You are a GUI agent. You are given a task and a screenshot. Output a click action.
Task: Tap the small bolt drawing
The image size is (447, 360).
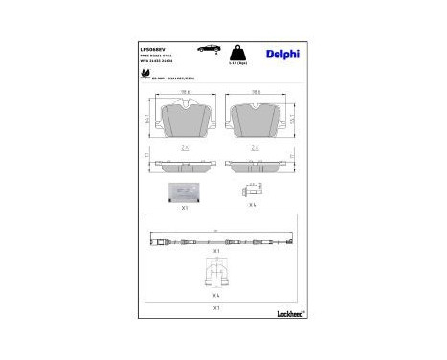pos(253,191)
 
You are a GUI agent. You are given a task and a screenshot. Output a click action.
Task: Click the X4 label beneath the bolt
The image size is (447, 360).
pos(253,205)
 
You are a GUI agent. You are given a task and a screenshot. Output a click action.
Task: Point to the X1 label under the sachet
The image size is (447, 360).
pos(185,205)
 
